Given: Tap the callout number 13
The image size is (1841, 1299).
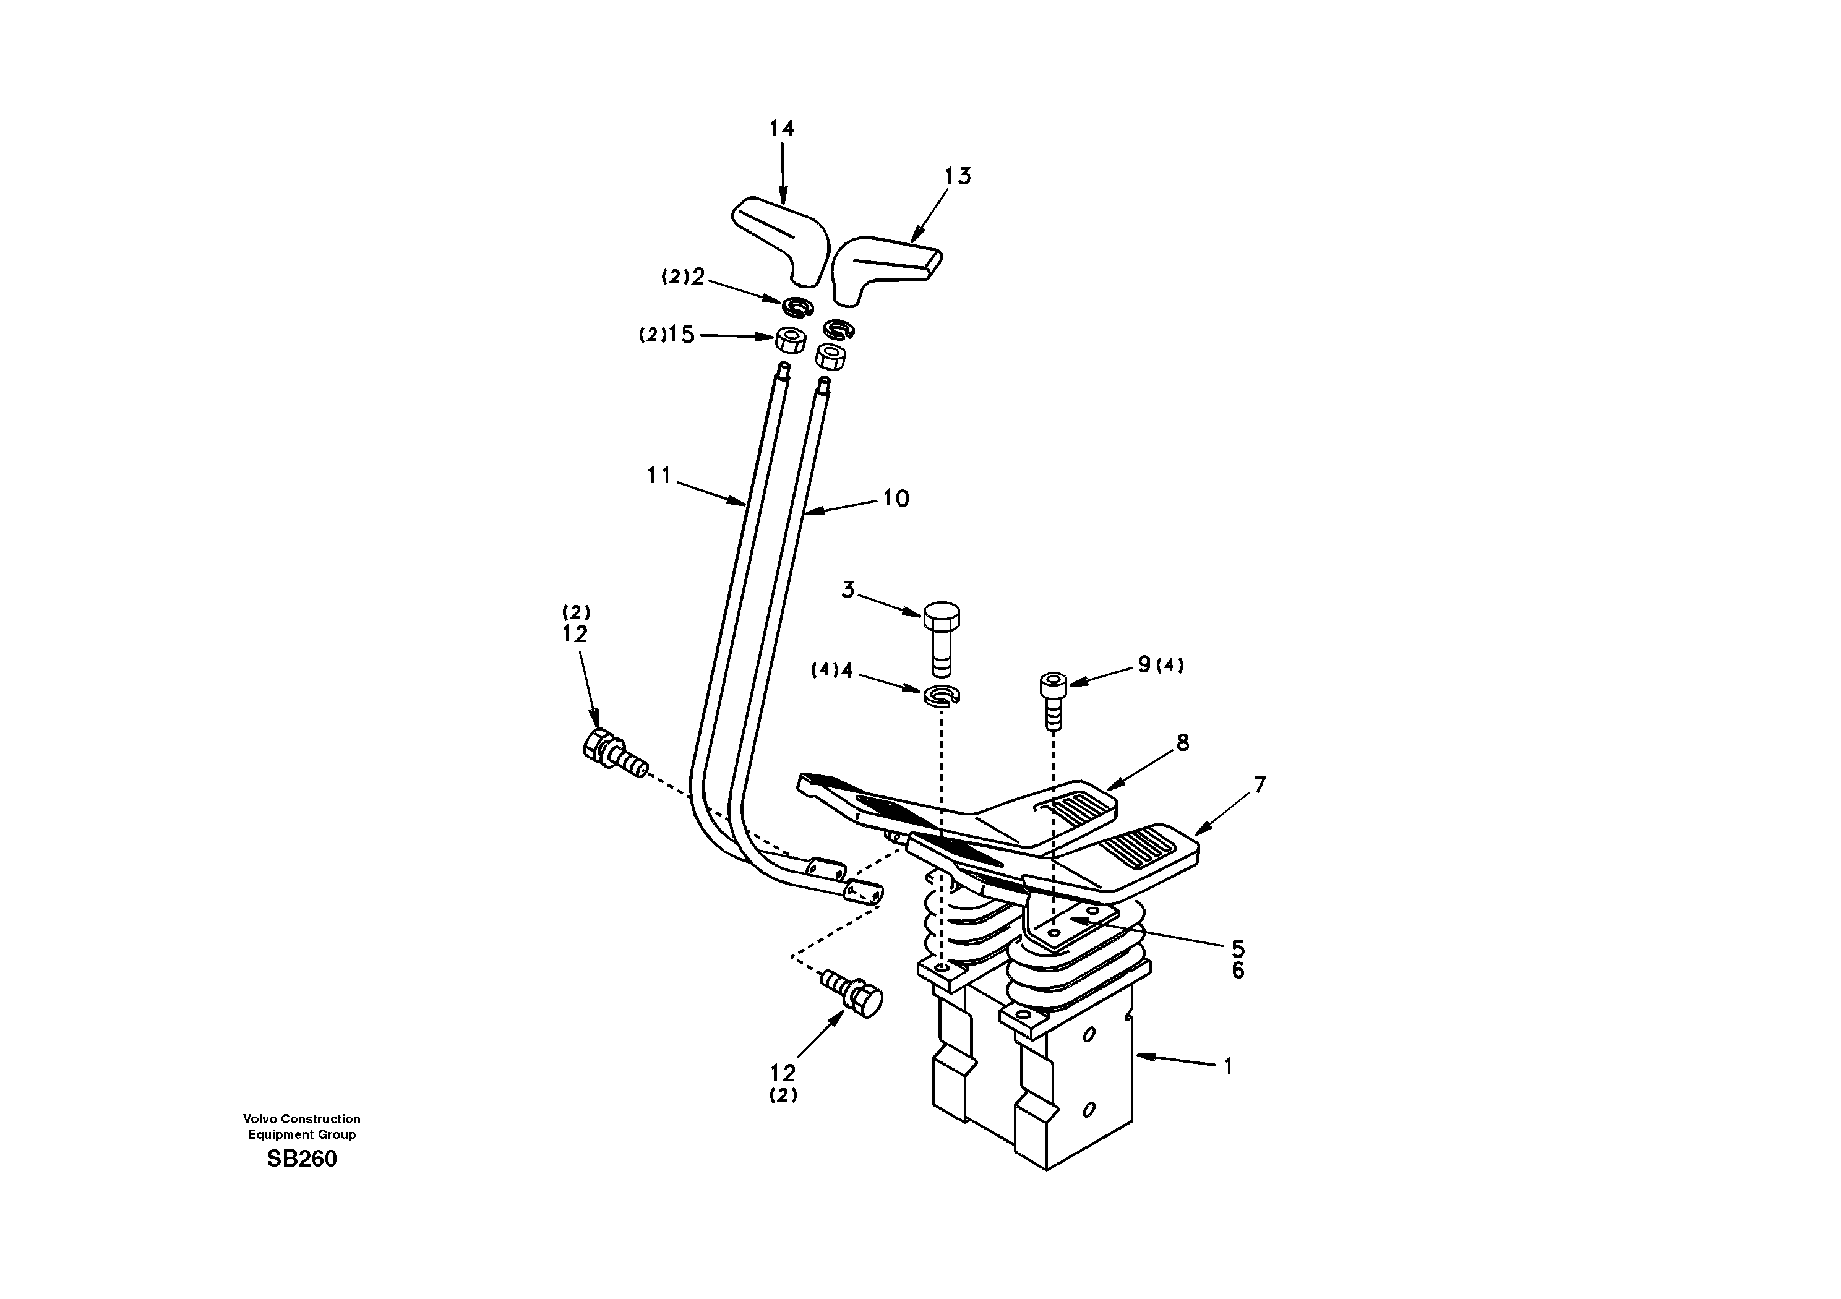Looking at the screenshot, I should tap(958, 176).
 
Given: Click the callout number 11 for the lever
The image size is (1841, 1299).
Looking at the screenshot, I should tap(659, 476).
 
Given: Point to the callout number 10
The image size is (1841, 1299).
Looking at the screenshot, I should tap(896, 499).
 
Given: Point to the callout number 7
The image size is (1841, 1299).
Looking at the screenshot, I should tap(1260, 784).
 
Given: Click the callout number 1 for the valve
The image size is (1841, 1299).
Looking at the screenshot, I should tap(1227, 1066).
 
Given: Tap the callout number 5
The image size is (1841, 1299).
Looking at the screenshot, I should tap(1238, 950).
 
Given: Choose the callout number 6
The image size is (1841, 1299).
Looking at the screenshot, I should tap(1238, 971).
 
